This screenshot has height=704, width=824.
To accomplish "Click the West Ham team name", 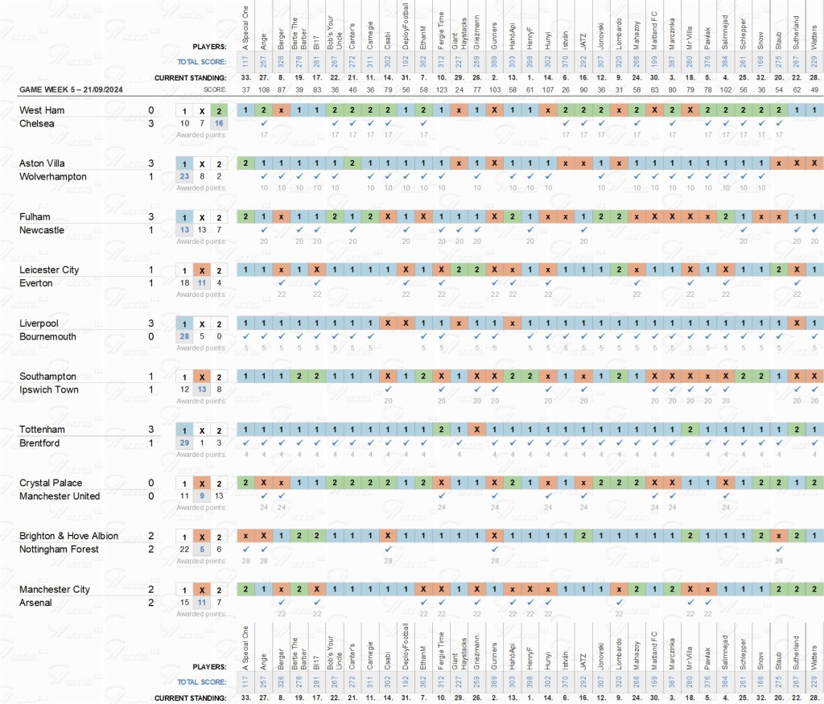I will coord(42,110).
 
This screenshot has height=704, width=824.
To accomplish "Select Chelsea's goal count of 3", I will coord(150,123).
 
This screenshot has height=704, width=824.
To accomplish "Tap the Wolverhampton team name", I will coord(52,176).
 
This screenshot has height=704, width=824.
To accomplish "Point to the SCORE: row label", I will coord(215,89).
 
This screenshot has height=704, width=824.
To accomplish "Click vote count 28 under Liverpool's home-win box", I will coord(184,336).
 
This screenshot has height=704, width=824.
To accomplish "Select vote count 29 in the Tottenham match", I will coord(184,443).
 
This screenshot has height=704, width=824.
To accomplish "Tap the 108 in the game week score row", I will coord(264,89).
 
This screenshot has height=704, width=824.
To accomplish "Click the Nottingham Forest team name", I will coord(59,549).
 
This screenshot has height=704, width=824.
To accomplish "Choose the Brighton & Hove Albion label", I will coord(68,536).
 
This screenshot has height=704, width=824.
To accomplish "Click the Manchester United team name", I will coord(60,496).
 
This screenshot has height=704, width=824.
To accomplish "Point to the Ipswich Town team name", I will coord(48,389).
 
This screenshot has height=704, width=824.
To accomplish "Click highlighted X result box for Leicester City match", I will coord(202,270).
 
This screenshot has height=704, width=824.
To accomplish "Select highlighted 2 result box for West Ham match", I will coord(219,110).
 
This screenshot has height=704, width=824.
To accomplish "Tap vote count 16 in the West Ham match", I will coord(219,123).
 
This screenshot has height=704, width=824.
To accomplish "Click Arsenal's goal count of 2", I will coord(150,602).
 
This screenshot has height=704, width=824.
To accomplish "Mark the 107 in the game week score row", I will coord(547,89).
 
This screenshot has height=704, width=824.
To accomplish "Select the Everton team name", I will coord(36,283).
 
